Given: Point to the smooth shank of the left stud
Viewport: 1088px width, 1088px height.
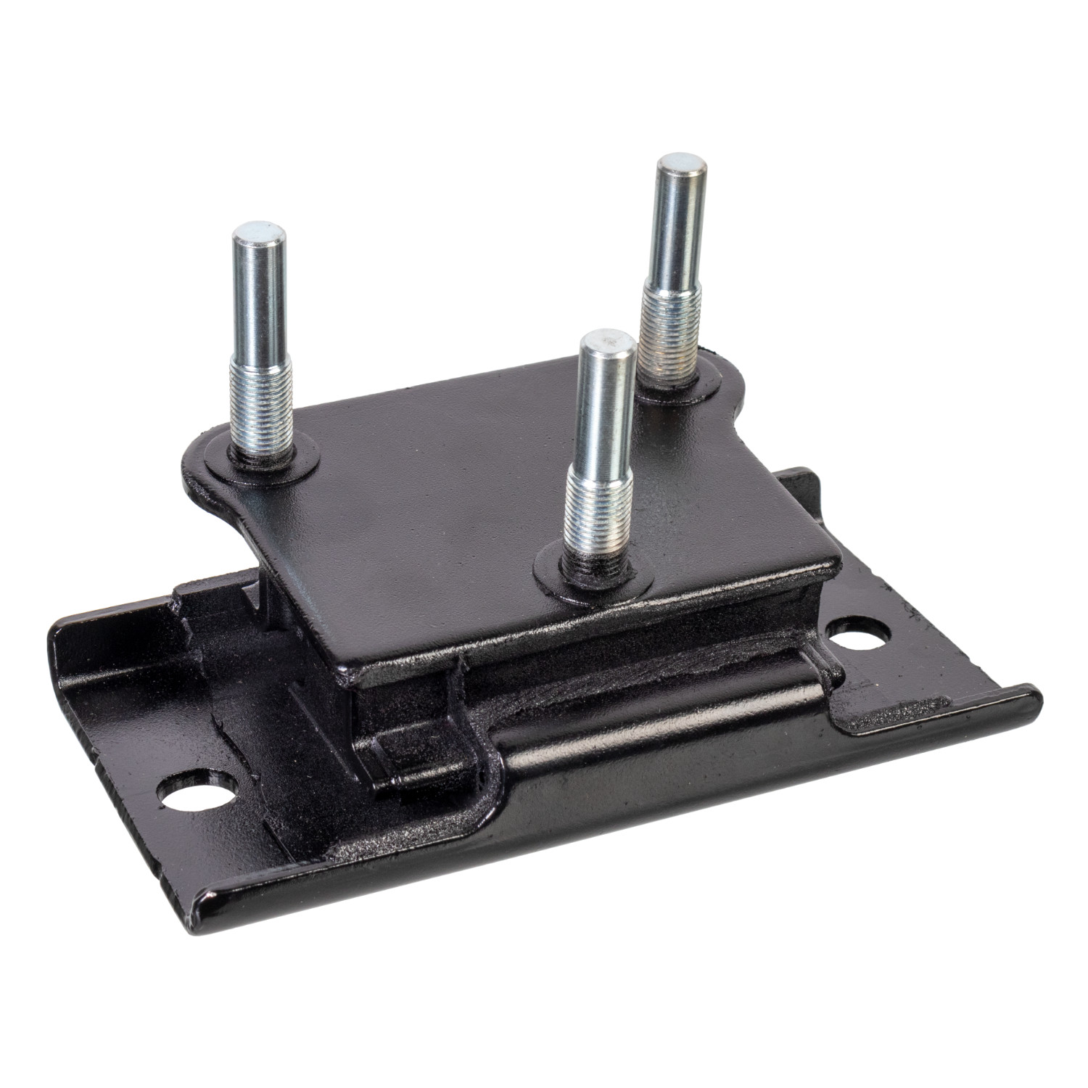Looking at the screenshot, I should (259, 305).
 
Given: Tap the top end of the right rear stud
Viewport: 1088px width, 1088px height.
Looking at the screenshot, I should (680, 165).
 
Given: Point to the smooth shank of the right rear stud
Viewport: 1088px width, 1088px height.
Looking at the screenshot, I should (677, 232).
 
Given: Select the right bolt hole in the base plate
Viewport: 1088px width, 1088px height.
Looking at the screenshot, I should (859, 636).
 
